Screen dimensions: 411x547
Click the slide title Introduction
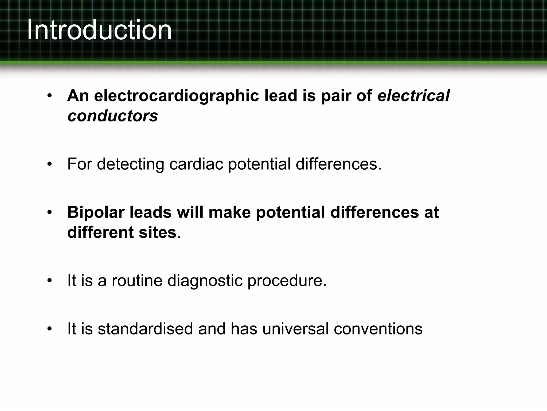tap(99, 30)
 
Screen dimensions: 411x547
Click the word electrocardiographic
tap(176, 96)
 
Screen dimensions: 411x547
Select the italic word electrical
tap(413, 96)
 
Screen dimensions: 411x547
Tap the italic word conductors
tap(113, 116)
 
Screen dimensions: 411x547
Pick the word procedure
tap(287, 281)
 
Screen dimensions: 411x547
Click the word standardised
tap(145, 329)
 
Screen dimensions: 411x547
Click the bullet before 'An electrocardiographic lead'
tap(49, 96)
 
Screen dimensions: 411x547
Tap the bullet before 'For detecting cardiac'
tap(49, 164)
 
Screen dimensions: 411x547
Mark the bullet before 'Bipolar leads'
tap(49, 212)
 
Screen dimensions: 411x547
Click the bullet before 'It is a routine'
tap(49, 281)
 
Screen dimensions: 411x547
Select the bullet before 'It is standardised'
tap(49, 329)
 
